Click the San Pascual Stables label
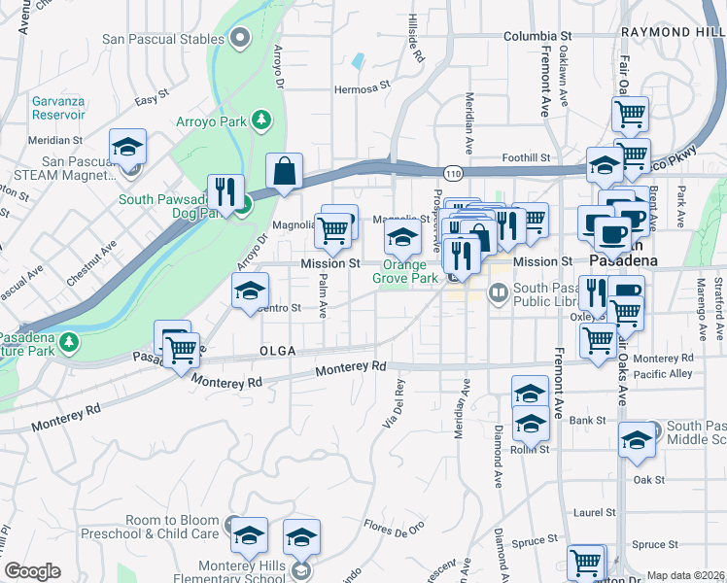pyautogui.click(x=163, y=40)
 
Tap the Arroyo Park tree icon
pyautogui.click(x=260, y=120)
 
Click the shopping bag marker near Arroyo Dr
pyautogui.click(x=284, y=172)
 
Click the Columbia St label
pyautogui.click(x=537, y=36)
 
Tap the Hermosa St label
pyautogui.click(x=362, y=85)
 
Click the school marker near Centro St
pyautogui.click(x=250, y=291)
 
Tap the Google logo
pyautogui.click(x=33, y=571)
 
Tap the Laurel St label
pyautogui.click(x=596, y=511)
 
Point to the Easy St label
pyautogui.click(x=153, y=100)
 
